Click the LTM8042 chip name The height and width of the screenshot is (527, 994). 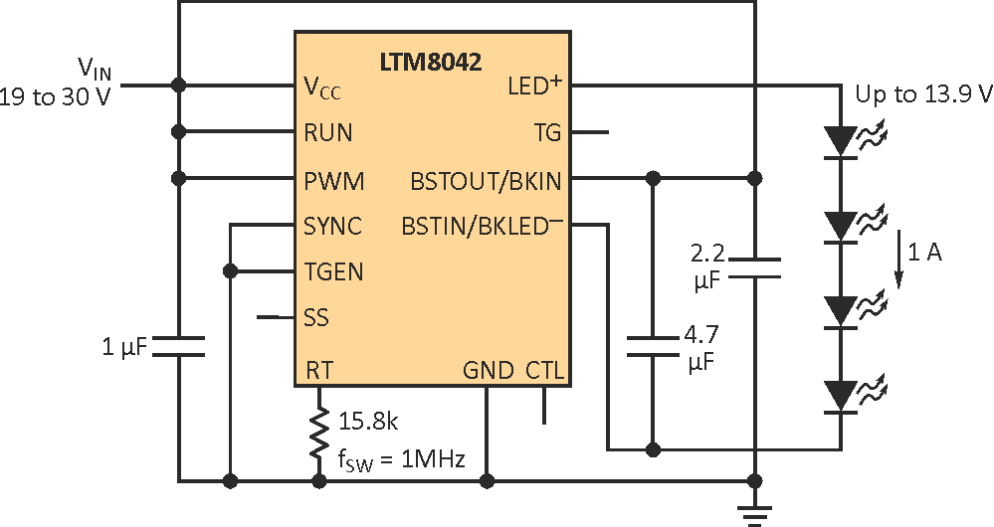[430, 62]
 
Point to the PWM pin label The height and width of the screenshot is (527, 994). [333, 181]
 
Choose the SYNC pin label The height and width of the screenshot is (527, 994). [333, 227]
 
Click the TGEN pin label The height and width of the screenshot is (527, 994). [333, 271]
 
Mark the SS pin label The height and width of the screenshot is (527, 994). [315, 318]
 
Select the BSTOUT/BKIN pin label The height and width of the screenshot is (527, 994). [486, 181]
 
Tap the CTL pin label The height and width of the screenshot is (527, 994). [544, 371]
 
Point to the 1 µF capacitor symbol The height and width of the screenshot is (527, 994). [179, 346]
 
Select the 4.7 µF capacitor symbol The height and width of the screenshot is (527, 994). [653, 346]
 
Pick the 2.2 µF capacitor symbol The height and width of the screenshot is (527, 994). [755, 266]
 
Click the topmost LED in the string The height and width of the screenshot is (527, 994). [842, 140]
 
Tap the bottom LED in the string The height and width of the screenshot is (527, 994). [842, 396]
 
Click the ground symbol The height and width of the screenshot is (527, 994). [755, 512]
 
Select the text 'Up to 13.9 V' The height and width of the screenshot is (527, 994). [923, 94]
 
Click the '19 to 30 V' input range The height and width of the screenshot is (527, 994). [57, 99]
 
